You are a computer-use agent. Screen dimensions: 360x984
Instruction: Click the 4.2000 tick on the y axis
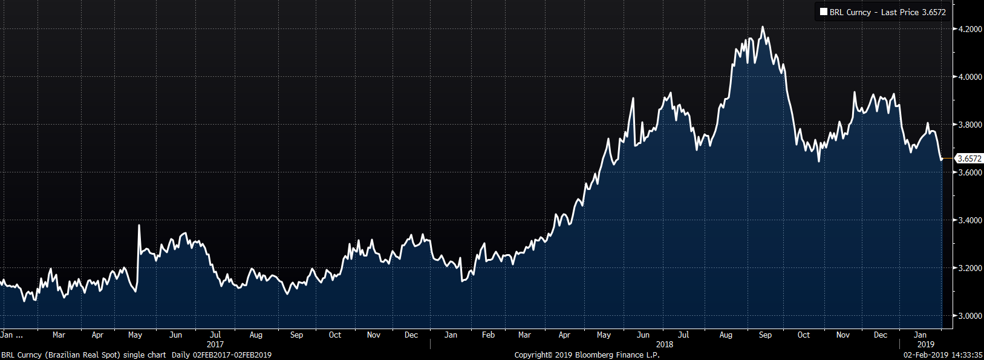click(969, 29)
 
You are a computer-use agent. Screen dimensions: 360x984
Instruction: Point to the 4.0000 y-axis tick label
click(969, 77)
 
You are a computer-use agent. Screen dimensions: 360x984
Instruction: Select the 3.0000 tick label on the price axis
click(969, 316)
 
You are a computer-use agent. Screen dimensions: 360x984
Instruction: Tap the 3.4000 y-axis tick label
click(969, 220)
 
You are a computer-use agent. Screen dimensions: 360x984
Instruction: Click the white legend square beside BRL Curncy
click(823, 11)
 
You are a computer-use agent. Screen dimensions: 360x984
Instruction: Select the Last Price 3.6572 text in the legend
click(913, 12)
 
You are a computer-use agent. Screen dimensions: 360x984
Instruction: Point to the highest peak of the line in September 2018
click(762, 27)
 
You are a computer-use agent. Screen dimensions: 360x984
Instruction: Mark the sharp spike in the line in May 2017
click(139, 226)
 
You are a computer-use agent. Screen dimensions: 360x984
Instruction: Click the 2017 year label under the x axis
click(215, 344)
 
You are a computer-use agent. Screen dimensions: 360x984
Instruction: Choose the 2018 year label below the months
click(664, 344)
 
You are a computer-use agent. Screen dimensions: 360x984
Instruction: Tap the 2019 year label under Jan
click(925, 344)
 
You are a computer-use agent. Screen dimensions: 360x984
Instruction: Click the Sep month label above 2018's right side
click(765, 335)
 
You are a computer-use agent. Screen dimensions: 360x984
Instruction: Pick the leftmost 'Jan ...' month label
click(11, 335)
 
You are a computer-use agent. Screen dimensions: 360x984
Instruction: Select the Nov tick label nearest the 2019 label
click(842, 335)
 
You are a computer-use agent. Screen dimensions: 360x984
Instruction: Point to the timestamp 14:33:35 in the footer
click(968, 355)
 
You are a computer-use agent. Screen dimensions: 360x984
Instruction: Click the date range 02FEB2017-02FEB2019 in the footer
click(232, 355)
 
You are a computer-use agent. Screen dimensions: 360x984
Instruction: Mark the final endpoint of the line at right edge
click(942, 159)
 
